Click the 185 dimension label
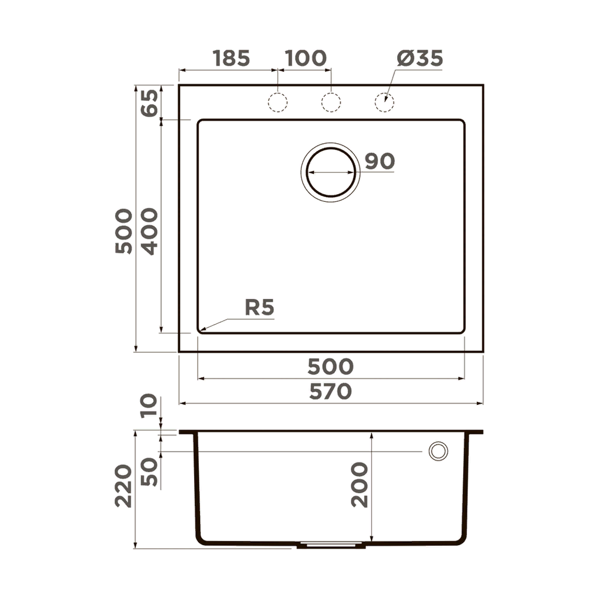[231, 59]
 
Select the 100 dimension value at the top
[305, 59]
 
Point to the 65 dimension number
[150, 102]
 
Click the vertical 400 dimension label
[150, 231]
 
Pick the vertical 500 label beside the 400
[124, 231]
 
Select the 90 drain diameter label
[380, 161]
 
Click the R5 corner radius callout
[259, 308]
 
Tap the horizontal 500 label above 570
[331, 366]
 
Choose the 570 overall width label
[331, 392]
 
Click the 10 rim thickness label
[150, 406]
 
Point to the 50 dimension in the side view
[150, 471]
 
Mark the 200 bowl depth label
[360, 485]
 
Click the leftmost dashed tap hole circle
[278, 102]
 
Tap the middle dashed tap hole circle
[331, 102]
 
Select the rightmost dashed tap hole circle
[385, 102]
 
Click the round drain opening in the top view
[331, 172]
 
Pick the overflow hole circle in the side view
[438, 451]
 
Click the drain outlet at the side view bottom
[331, 545]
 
